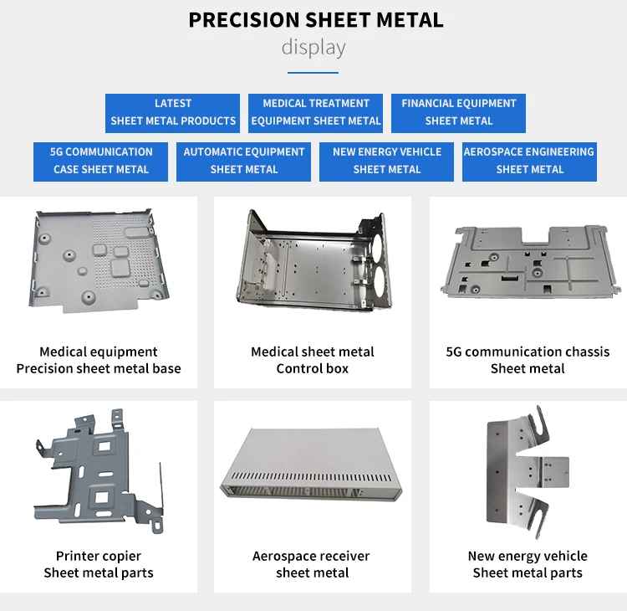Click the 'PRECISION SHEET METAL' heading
315,20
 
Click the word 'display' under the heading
313,47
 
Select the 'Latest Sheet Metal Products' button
173,112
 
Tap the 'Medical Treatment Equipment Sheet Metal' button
316,112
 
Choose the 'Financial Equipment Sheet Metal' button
458,112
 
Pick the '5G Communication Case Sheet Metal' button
101,161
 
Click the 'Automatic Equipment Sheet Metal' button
244,161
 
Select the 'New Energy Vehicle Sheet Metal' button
387,161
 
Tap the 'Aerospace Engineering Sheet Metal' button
530,161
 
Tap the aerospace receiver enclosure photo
313,465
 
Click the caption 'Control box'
313,368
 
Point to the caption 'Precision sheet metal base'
99,368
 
